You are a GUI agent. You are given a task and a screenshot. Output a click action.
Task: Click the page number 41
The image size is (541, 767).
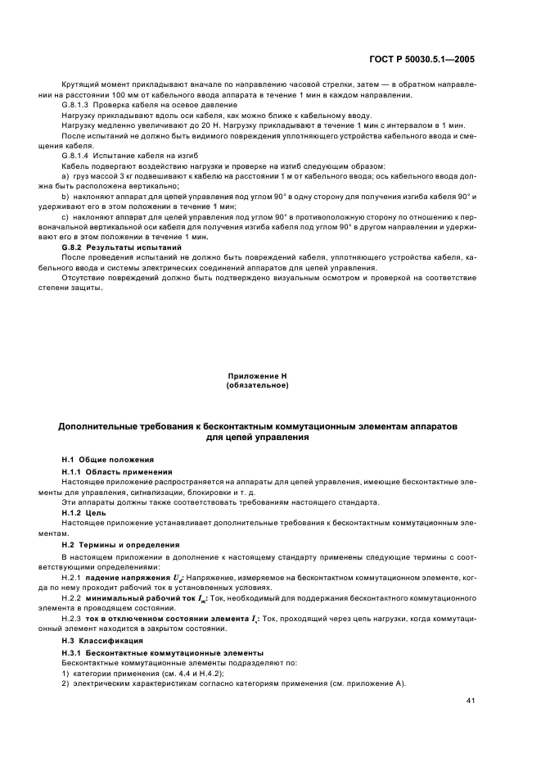[470, 701]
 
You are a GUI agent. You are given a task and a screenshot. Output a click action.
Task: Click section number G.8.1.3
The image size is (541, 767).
[78, 106]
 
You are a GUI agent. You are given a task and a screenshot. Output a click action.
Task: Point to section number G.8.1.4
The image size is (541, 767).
[78, 155]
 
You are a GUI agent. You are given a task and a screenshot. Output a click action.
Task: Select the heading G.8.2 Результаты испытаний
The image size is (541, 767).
[122, 247]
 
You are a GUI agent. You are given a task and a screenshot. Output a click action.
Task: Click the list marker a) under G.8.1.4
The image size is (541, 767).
[65, 176]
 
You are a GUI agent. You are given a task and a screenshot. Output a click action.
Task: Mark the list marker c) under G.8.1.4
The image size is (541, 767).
[65, 217]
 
